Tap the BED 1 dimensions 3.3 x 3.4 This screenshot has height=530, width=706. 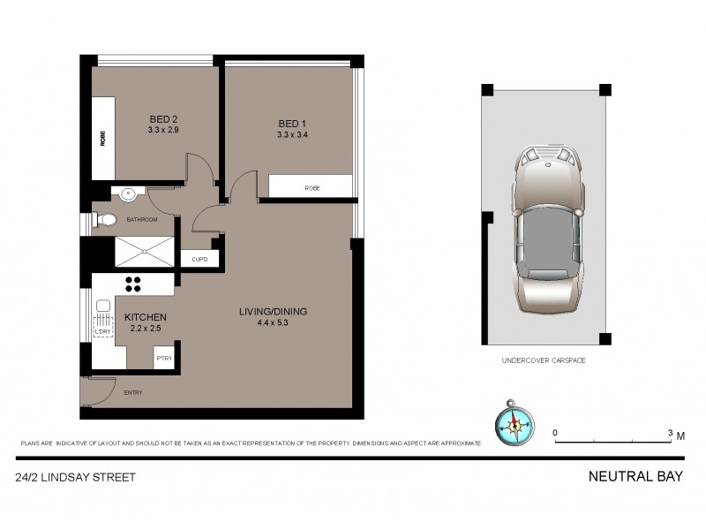[291, 135]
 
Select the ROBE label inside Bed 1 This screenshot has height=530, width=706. [312, 188]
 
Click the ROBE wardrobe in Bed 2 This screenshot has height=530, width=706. [104, 139]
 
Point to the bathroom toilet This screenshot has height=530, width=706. [105, 220]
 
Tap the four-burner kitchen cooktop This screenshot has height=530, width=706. [136, 284]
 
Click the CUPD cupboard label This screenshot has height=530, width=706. [199, 260]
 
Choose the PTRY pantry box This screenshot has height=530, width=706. [163, 357]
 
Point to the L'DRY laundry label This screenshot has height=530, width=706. [103, 331]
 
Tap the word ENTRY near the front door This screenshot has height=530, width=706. [133, 392]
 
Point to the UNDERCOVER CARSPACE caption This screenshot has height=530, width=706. [544, 361]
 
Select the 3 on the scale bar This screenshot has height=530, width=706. [671, 433]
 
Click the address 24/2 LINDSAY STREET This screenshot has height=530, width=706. [75, 477]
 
